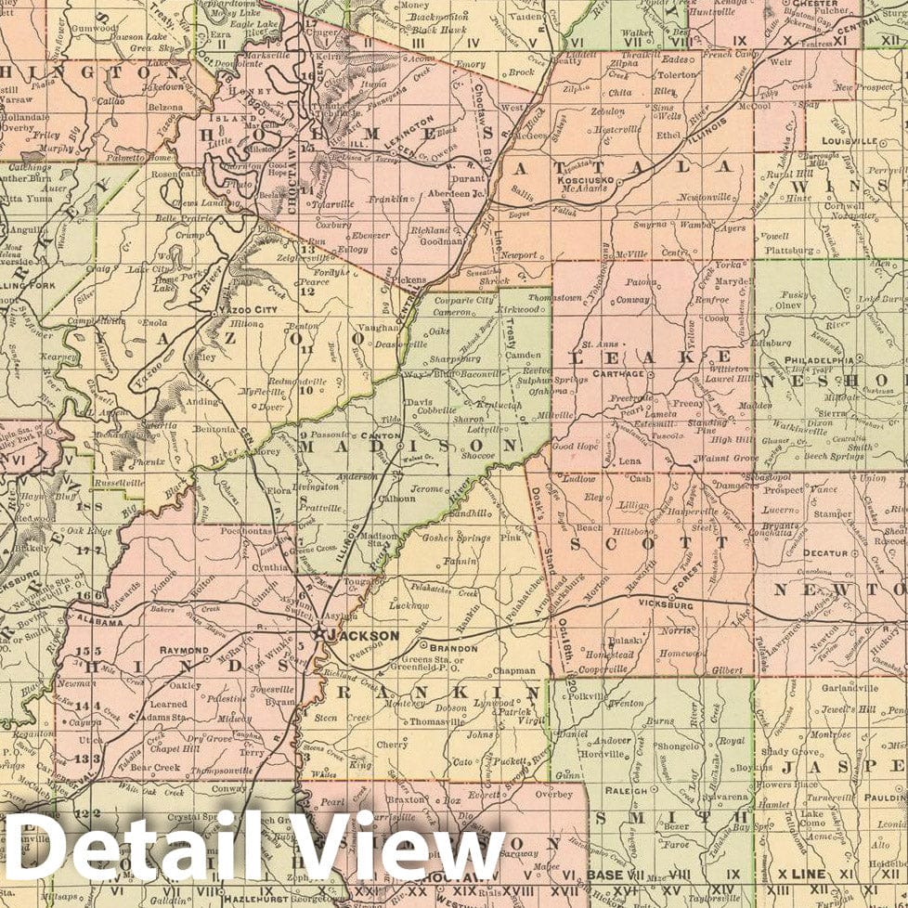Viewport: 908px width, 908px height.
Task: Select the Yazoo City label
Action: (x=247, y=309)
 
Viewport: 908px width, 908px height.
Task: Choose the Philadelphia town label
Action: (x=819, y=360)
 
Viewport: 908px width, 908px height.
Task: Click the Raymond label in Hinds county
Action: (x=183, y=650)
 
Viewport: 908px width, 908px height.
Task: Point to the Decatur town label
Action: (x=825, y=552)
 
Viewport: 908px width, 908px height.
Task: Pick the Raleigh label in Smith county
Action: (x=627, y=792)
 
